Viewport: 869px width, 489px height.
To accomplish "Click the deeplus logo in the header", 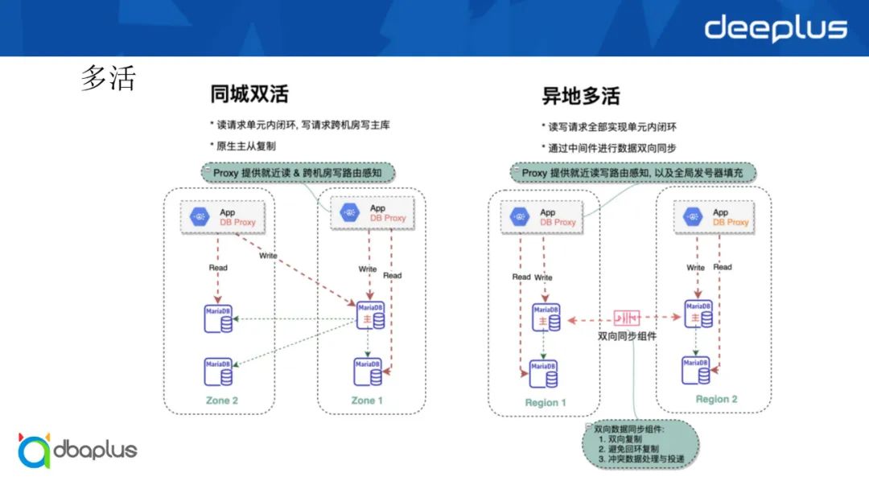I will (x=776, y=28).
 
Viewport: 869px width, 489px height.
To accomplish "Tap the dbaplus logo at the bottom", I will (x=77, y=450).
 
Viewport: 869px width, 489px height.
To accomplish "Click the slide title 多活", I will (x=108, y=79).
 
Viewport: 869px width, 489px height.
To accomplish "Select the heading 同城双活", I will (x=249, y=94).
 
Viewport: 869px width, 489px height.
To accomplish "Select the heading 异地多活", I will (x=581, y=97).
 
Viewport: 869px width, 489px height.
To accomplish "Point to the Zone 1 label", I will (x=369, y=400).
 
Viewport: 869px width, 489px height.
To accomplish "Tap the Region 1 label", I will (x=546, y=402).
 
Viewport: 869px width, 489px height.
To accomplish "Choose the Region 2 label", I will (x=716, y=399).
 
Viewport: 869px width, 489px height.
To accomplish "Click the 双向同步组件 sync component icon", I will (x=627, y=318).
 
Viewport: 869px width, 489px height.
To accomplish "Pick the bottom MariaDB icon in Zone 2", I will (x=218, y=372).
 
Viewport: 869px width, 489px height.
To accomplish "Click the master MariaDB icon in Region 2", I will (x=698, y=314).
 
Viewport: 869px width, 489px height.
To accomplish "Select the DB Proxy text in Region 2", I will (x=731, y=222).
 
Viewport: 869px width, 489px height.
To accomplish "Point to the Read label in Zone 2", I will (x=218, y=268).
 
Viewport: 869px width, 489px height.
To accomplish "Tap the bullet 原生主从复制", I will (x=245, y=146).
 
